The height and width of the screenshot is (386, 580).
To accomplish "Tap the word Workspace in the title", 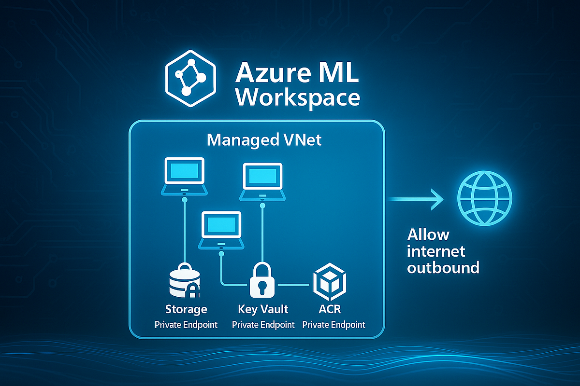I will pyautogui.click(x=300, y=98).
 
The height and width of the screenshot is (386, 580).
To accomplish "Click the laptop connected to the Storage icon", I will pyautogui.click(x=184, y=175).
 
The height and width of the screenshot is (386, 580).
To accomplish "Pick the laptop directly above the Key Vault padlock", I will pyautogui.click(x=262, y=181).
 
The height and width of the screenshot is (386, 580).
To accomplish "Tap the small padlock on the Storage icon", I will pyautogui.click(x=193, y=290).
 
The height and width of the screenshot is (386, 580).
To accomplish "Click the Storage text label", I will pyautogui.click(x=186, y=309).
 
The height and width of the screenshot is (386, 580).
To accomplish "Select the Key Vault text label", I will pyautogui.click(x=263, y=309).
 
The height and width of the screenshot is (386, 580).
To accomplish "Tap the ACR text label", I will pyautogui.click(x=333, y=309).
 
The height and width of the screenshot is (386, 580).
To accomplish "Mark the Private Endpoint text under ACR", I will pyautogui.click(x=333, y=324).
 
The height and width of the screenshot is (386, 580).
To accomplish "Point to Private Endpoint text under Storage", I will pyautogui.click(x=186, y=324).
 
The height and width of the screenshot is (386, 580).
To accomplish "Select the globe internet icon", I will pyautogui.click(x=484, y=198).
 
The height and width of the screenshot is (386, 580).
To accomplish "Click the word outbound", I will pyautogui.click(x=443, y=267).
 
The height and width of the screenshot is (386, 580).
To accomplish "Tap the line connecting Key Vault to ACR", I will pyautogui.click(x=294, y=285).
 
